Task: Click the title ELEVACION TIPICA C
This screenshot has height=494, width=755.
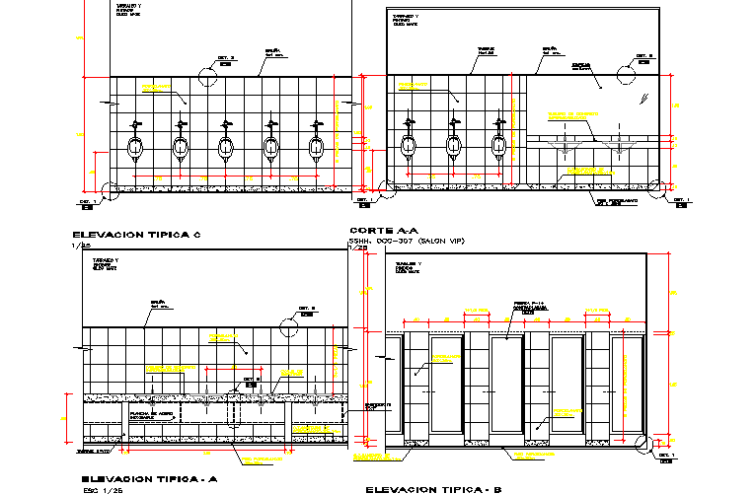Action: tap(137, 235)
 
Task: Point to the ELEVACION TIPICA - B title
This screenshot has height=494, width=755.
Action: tap(433, 489)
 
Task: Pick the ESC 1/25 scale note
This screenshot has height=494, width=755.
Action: tap(103, 488)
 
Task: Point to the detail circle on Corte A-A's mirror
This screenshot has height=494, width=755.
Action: tap(627, 73)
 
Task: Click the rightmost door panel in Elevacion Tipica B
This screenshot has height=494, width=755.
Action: tap(627, 386)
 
